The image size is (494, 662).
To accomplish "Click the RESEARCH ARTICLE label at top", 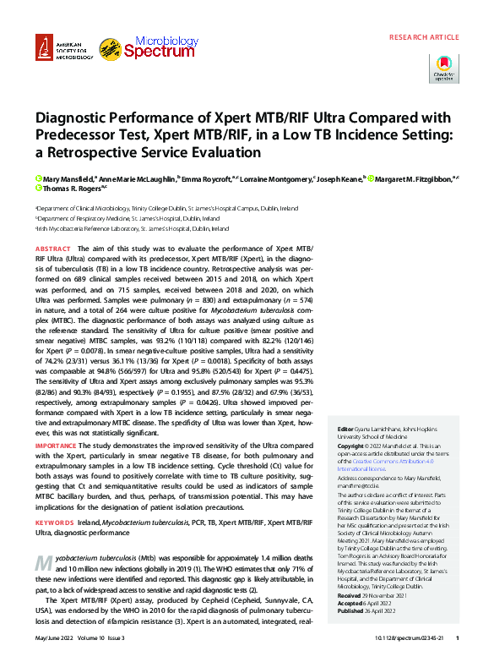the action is (424, 37).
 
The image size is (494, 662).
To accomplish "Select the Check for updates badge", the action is (445, 68).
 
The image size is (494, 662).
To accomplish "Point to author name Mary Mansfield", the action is (63, 179).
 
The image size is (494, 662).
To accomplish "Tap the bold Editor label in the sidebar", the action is (345, 429).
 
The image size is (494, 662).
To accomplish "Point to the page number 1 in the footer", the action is (457, 637).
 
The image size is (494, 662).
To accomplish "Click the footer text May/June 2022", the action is (56, 637).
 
